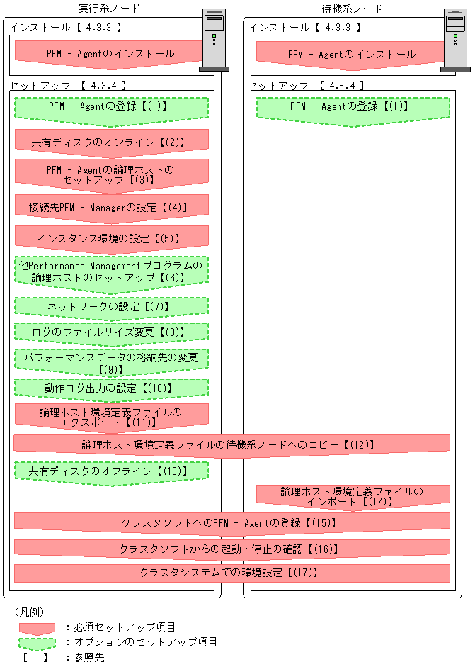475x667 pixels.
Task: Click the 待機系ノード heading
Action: tap(352, 9)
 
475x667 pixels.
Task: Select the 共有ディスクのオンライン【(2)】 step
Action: tap(111, 142)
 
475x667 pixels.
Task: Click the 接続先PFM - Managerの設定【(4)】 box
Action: tap(111, 208)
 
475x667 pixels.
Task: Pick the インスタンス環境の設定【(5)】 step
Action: tap(111, 238)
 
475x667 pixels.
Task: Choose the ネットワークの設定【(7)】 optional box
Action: tap(111, 306)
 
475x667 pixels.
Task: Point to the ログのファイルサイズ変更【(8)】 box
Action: tap(111, 332)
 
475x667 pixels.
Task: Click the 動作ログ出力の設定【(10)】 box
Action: tap(111, 388)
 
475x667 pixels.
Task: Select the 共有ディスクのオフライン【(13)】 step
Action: tap(111, 471)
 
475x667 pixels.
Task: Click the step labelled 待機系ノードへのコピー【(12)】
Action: tap(231, 444)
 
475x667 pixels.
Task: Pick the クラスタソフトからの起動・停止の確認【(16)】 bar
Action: tap(231, 549)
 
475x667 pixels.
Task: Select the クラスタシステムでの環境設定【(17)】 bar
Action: tap(231, 572)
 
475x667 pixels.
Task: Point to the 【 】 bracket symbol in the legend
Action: tap(35, 658)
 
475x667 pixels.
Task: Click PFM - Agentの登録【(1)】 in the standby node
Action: tap(353, 108)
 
